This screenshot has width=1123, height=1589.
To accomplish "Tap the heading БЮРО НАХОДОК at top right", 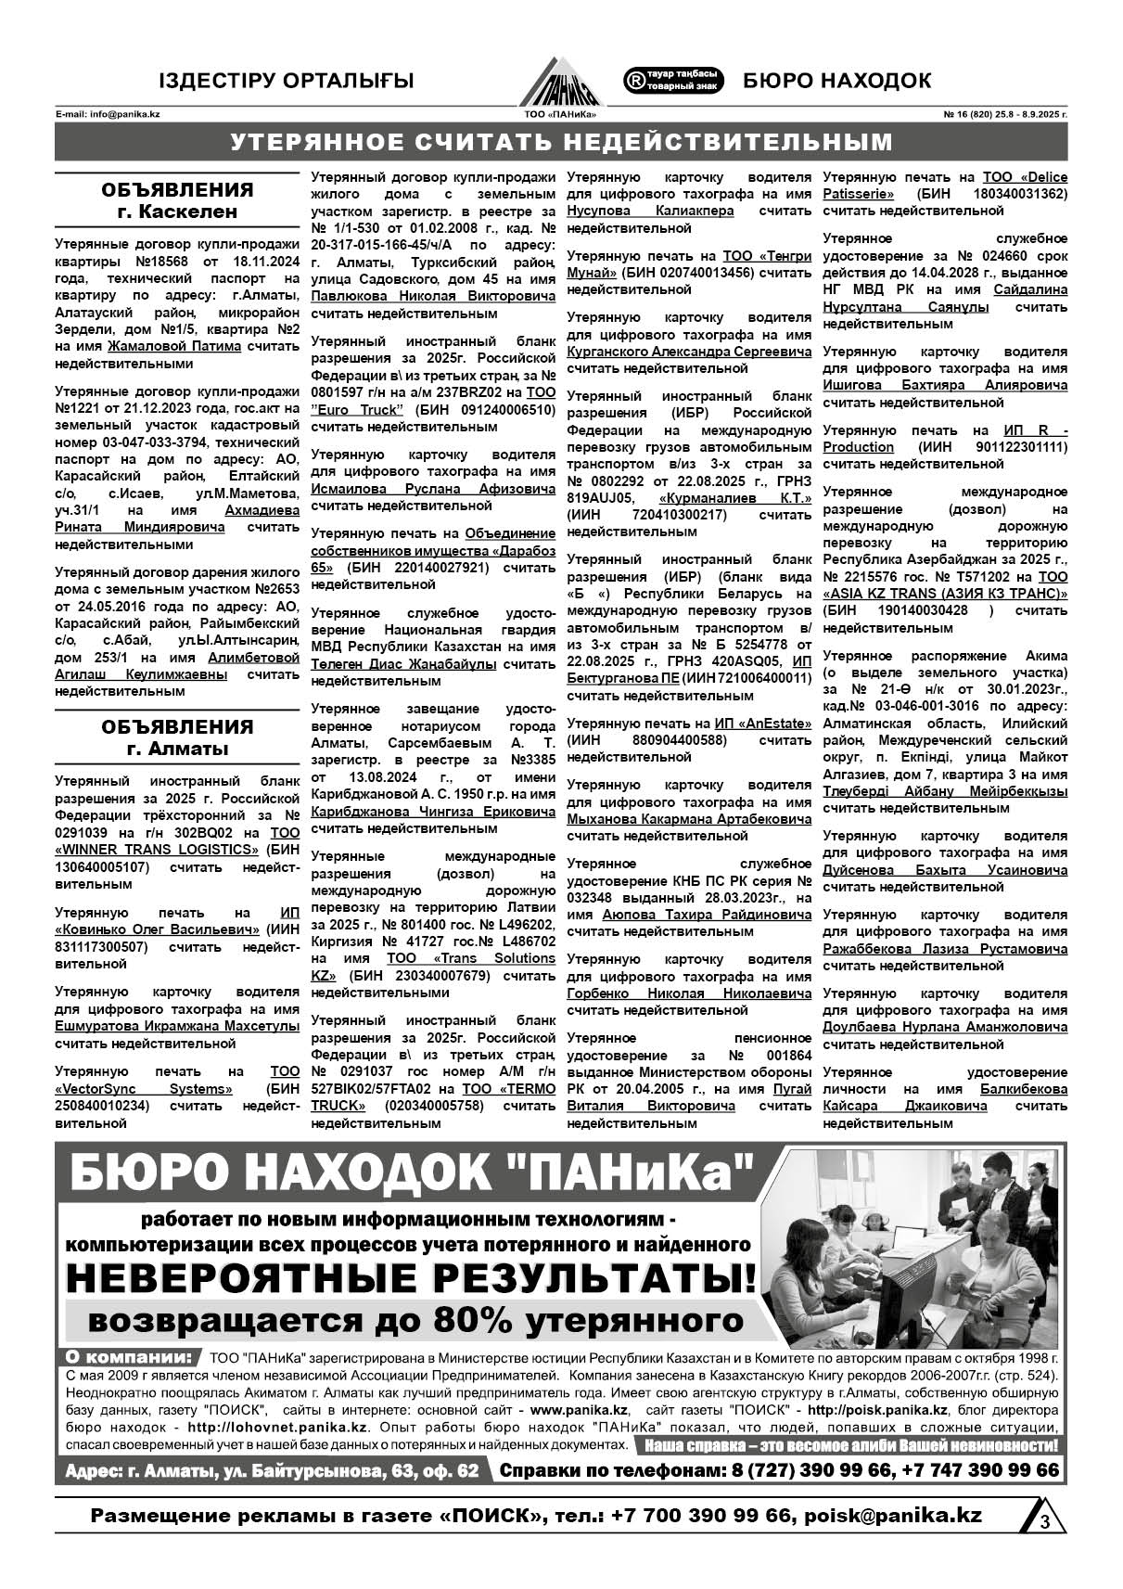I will tap(837, 81).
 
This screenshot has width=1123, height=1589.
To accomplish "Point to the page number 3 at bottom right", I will tap(1044, 1521).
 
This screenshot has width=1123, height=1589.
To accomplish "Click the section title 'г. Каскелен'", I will tap(177, 211).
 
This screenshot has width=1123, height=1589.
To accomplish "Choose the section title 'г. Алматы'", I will tap(177, 749).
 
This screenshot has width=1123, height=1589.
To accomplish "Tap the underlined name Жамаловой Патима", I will tap(174, 346).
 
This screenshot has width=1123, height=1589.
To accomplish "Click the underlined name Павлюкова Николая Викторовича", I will tap(433, 296).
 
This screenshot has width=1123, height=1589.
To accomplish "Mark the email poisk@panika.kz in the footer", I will tap(893, 1515).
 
